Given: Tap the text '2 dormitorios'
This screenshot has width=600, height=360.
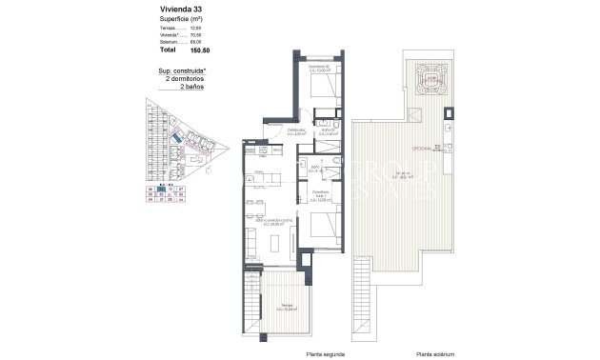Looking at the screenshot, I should [180, 79].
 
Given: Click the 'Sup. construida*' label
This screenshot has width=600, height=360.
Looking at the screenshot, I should [180, 71].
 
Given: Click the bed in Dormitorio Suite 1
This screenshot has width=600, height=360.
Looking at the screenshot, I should [319, 229].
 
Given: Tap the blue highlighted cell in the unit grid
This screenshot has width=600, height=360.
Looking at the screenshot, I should [161, 189].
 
